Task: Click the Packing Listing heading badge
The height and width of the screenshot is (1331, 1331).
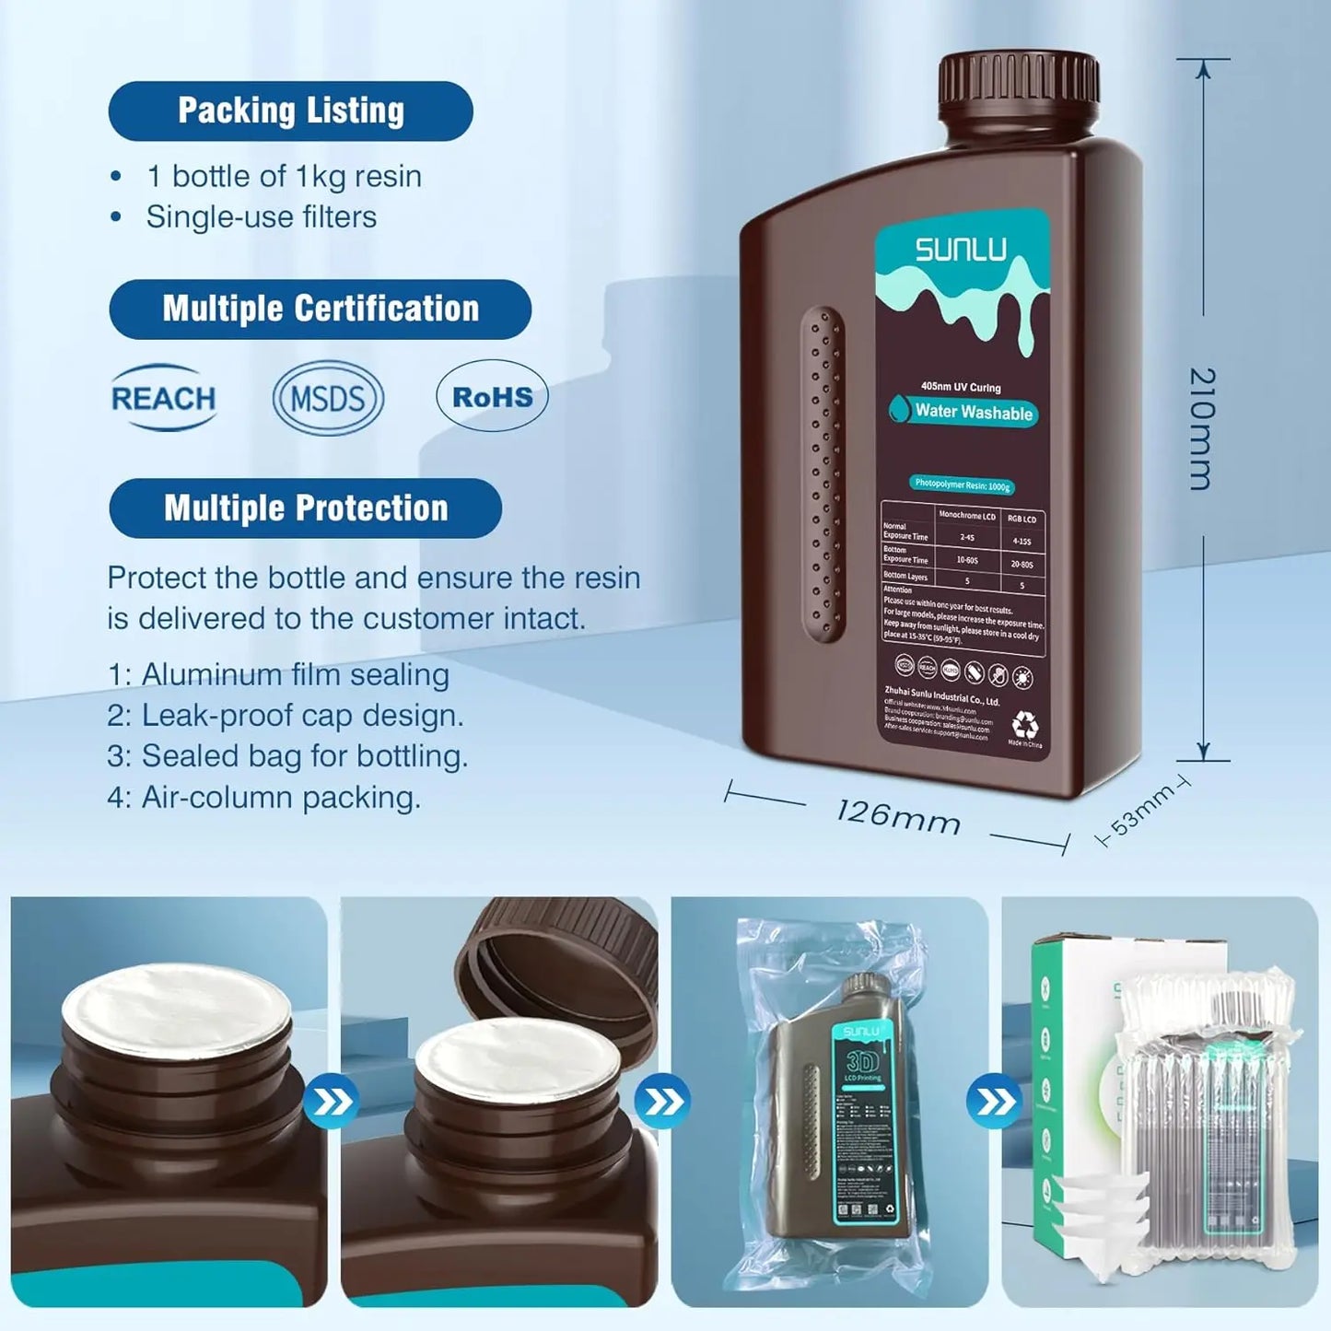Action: point(290,111)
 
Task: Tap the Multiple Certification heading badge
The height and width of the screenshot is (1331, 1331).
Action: point(320,309)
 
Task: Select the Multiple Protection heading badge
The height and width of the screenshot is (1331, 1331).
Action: point(305,508)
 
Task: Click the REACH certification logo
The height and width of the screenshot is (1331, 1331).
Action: point(163,398)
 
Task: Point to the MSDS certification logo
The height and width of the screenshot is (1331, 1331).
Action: point(328,398)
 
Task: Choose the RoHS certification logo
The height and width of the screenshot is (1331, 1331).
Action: point(492,397)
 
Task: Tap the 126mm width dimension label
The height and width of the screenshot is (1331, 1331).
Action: point(898,816)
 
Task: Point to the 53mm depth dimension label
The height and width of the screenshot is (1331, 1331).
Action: point(1142,811)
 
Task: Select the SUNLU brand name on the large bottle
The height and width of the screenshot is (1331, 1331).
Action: point(961,250)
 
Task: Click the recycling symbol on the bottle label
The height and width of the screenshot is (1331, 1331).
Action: point(1024,724)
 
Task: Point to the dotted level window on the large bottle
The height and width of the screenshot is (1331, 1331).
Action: point(822,473)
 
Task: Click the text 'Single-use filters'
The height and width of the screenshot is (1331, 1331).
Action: point(262,217)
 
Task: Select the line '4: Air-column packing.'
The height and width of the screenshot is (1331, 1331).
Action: point(263,798)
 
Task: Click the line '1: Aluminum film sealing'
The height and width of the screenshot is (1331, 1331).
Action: point(278,675)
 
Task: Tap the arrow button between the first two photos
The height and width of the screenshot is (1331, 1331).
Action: point(331,1101)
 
